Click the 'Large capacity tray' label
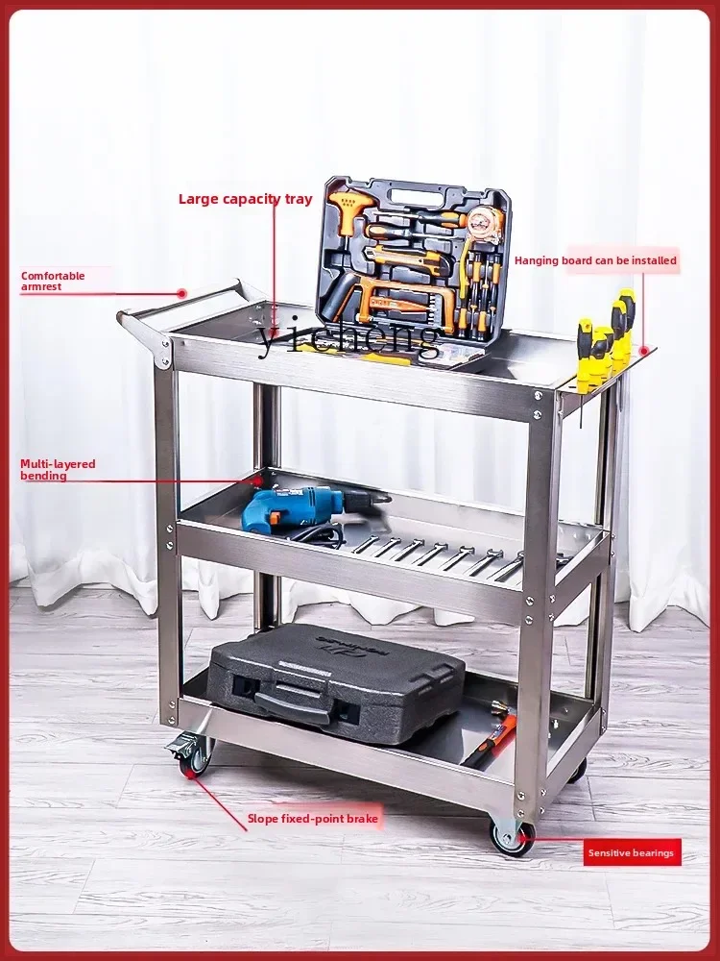point(245,199)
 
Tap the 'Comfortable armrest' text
point(53,281)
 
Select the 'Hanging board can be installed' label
point(595,260)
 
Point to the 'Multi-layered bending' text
point(58,470)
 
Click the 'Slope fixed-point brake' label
point(313,819)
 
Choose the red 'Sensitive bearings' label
point(632,852)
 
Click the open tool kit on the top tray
point(413,259)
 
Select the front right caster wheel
point(512,836)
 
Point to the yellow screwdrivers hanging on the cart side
point(605,341)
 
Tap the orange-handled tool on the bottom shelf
point(490,735)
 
